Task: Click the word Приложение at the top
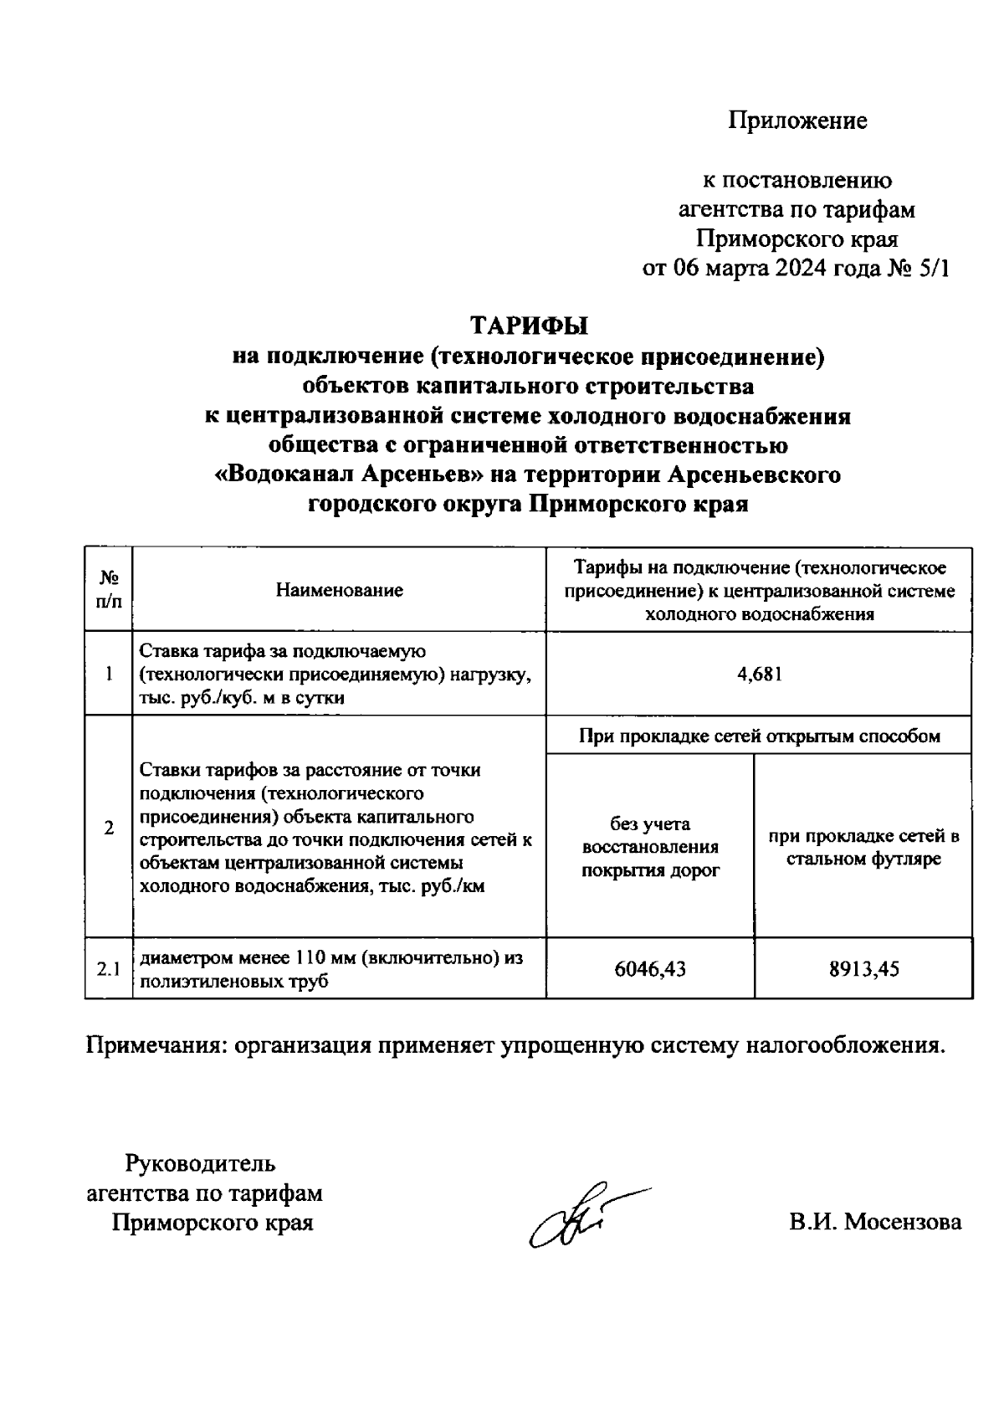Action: pos(797,121)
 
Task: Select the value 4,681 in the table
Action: pos(759,674)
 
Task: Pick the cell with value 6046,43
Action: pos(650,969)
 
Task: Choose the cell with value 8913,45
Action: pos(863,969)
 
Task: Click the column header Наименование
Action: pos(340,590)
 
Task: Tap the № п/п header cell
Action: pos(109,589)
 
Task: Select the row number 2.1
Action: pos(109,969)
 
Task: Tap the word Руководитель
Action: pos(200,1163)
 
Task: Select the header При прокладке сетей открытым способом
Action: pos(759,736)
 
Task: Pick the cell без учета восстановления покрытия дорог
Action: pos(650,847)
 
